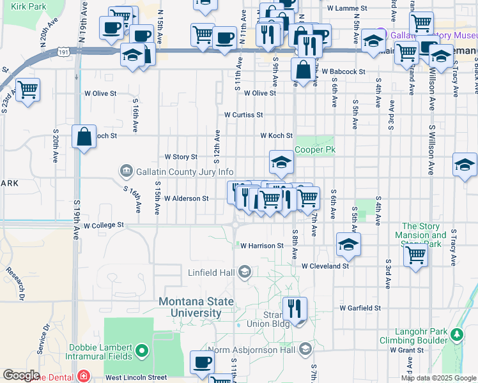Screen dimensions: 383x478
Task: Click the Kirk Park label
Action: tap(29, 6)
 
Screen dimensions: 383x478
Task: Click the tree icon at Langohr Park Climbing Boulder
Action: tap(456, 334)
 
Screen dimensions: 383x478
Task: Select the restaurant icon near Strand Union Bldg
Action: tap(294, 310)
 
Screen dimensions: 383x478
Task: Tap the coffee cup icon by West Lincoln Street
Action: tap(203, 362)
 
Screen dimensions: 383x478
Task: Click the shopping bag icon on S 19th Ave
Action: tap(84, 137)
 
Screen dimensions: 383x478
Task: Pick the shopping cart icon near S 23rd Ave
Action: tap(27, 91)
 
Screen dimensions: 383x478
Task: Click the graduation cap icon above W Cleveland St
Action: tap(348, 244)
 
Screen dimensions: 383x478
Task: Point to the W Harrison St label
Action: tap(261, 245)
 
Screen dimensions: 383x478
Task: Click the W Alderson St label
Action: tap(186, 199)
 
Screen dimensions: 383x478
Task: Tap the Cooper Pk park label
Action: tap(314, 151)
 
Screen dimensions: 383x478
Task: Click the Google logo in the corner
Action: tap(21, 375)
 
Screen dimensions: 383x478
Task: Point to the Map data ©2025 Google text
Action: tap(438, 378)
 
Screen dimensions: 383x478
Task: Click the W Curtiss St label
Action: tap(243, 115)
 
